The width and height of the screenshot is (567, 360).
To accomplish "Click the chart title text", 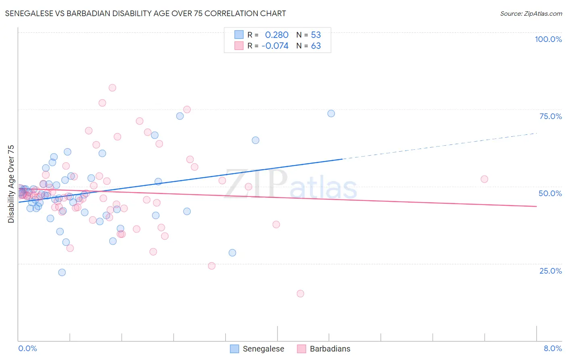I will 145,13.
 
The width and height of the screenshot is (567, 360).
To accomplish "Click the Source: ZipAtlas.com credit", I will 531,13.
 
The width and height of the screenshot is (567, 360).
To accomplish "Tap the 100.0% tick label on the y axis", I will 548,39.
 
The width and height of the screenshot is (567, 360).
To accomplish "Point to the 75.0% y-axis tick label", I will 550,116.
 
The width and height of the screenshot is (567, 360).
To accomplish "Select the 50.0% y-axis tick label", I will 550,193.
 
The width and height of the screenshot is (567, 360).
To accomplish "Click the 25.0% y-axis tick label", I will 550,271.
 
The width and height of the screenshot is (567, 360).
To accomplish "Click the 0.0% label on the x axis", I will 27,348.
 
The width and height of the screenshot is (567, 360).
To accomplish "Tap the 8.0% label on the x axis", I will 552,348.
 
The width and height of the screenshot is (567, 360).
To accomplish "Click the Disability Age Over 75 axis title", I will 11,184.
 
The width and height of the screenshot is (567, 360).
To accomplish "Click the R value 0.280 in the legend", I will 277,35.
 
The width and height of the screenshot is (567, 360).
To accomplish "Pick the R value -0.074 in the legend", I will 275,46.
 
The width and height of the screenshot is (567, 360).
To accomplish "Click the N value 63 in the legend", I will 316,46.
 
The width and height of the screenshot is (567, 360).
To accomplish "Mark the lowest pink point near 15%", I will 300,294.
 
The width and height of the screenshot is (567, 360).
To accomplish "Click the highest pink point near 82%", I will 113,88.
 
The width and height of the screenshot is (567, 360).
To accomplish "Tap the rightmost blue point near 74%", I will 331,113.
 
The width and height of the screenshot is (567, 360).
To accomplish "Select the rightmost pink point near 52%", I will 484,179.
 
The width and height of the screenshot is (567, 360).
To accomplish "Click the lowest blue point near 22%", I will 62,272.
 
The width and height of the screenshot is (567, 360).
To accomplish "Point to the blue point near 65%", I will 256,140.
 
